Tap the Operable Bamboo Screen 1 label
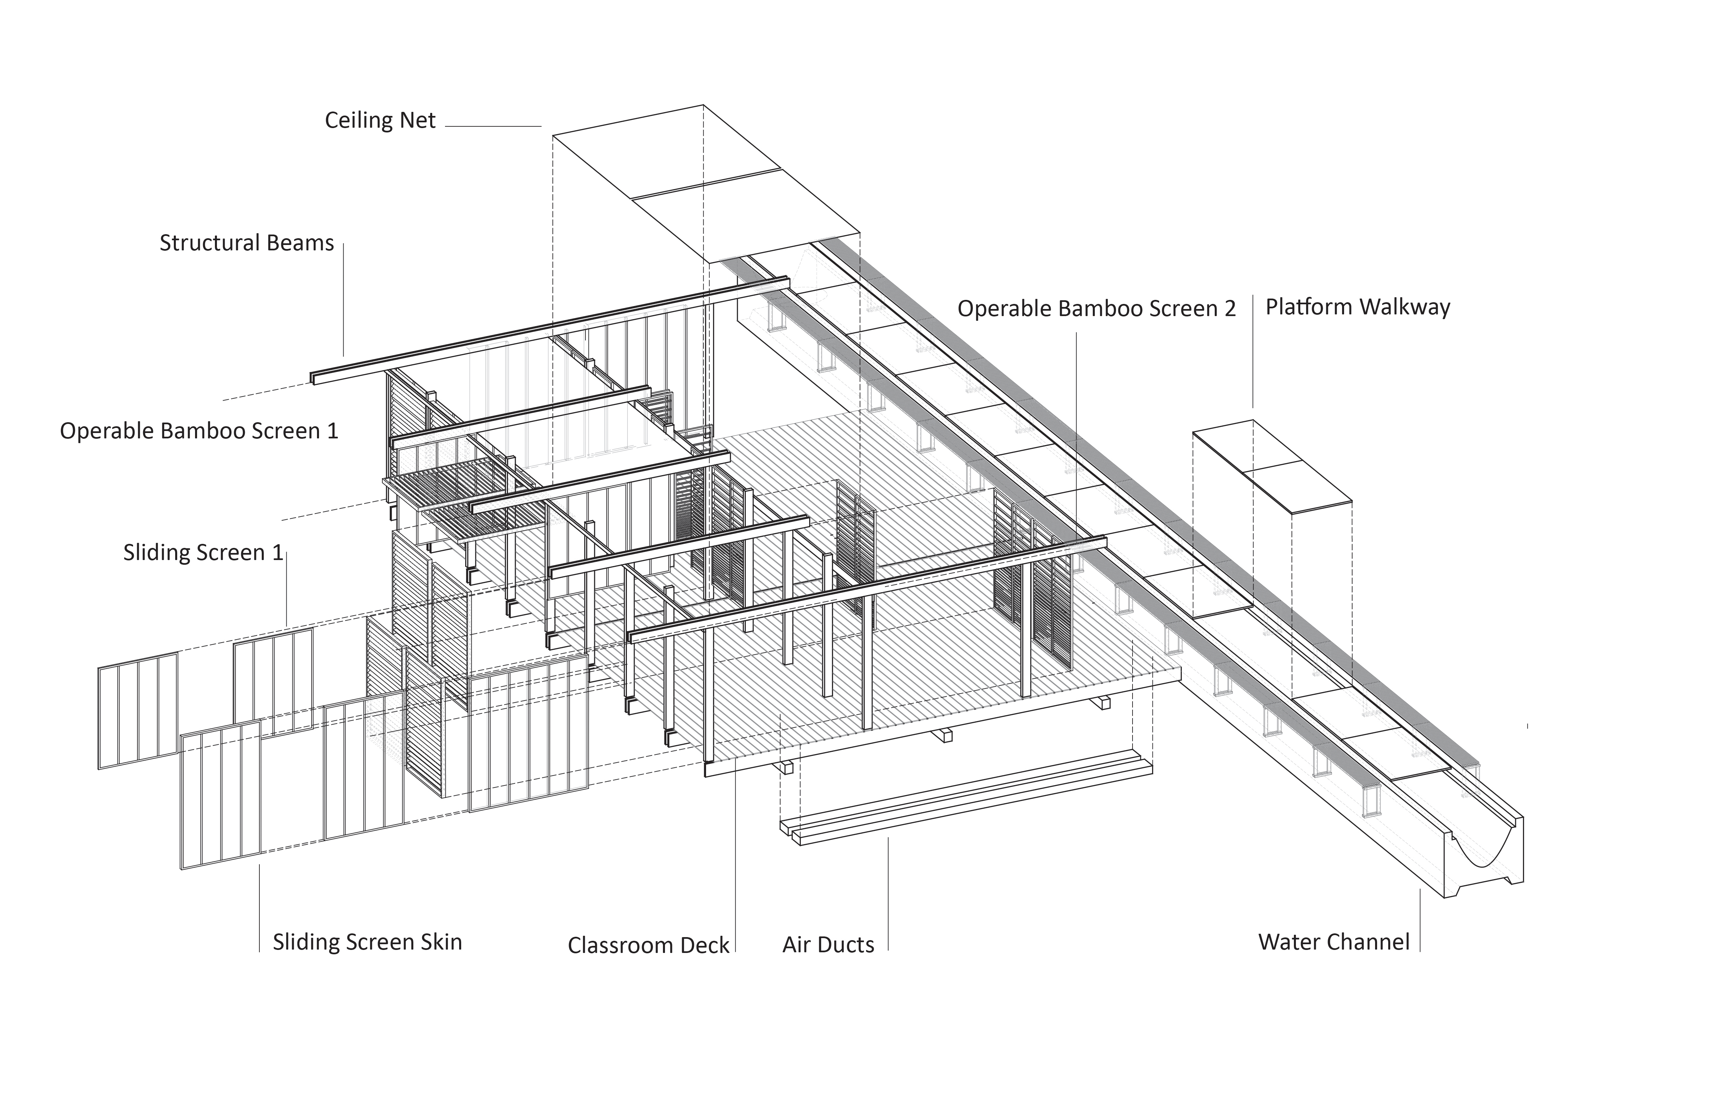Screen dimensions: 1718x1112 point(199,431)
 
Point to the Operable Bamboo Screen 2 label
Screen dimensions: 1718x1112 point(1096,309)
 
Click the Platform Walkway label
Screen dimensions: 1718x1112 point(1358,308)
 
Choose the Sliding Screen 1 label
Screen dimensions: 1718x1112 point(203,553)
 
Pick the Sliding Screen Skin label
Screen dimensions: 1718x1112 point(368,942)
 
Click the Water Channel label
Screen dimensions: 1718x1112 point(1334,942)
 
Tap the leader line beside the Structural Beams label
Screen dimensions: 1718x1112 point(344,299)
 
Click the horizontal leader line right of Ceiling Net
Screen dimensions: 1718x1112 point(493,126)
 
